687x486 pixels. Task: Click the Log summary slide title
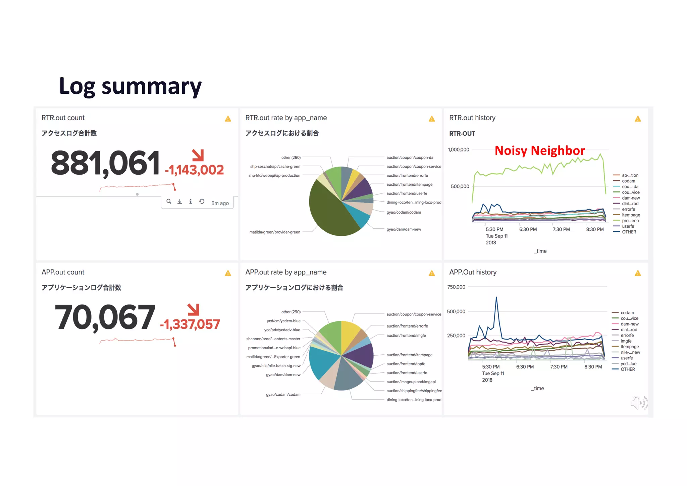pos(130,86)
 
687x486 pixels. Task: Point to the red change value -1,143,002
pos(194,170)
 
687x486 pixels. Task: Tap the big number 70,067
pos(105,317)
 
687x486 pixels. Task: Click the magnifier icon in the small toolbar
pos(169,202)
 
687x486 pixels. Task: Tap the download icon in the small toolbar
pos(180,202)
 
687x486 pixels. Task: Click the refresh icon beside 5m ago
pos(202,202)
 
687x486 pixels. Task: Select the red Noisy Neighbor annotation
pos(540,150)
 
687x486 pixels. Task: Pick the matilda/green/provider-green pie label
pos(275,232)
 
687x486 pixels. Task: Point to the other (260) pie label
pos(291,158)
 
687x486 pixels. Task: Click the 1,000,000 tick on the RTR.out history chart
pos(459,150)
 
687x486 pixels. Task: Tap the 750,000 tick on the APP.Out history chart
pos(456,287)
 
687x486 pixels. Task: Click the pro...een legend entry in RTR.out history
pos(630,221)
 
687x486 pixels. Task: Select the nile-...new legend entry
pos(630,352)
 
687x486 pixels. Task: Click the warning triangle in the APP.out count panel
pos(228,273)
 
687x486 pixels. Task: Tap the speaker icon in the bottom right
pos(639,403)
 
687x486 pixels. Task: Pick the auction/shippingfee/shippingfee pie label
pos(414,391)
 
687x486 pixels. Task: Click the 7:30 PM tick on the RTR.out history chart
pos(561,229)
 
